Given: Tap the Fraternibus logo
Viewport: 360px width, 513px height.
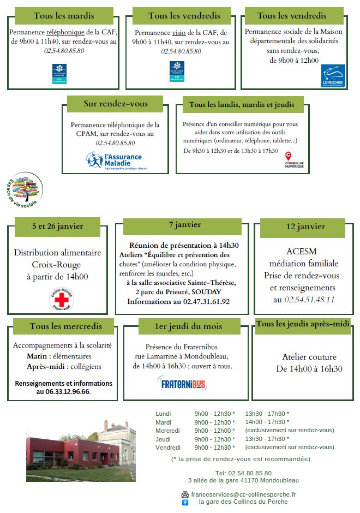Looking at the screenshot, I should point(182,383).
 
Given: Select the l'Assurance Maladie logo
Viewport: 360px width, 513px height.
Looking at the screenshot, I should point(115,160).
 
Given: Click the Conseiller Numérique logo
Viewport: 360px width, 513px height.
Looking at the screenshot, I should point(295,160).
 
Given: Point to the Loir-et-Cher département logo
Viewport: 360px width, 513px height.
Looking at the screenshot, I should point(333,76).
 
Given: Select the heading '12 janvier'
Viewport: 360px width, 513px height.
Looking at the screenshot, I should point(305,226).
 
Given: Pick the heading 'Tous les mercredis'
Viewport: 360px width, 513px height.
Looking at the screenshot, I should point(65,326).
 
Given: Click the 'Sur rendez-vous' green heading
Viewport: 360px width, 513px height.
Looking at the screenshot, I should point(116,104).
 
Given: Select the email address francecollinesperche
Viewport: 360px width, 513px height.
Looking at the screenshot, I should point(243,494).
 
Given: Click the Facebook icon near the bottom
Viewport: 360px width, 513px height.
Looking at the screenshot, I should point(185,502).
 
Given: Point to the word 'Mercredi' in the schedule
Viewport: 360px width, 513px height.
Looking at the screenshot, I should point(167,431).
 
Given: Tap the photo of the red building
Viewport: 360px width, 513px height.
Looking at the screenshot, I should point(81,452).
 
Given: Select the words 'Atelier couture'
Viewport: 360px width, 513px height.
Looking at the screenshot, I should point(309,357).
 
